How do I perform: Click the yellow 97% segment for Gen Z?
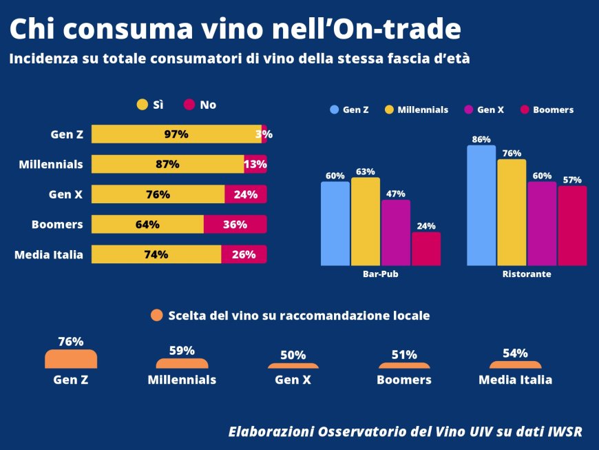[x=176, y=134]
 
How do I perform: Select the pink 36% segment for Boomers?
[x=235, y=225]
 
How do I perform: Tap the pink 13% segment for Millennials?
[x=255, y=164]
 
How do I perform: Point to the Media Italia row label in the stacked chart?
[x=49, y=254]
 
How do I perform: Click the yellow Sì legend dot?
[x=143, y=105]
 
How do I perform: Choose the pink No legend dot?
[x=190, y=105]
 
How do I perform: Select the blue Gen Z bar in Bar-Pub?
[x=335, y=223]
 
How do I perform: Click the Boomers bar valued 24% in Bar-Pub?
[x=426, y=248]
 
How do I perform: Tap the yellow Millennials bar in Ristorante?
[x=512, y=212]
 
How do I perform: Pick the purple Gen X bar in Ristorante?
[x=542, y=223]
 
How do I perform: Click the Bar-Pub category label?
[x=380, y=274]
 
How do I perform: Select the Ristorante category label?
[x=527, y=274]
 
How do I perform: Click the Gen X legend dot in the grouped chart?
[x=470, y=110]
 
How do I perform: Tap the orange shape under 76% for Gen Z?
[x=71, y=359]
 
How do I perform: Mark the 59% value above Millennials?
[x=182, y=351]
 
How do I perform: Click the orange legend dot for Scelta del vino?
[x=157, y=316]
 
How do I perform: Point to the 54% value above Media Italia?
[x=515, y=354]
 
